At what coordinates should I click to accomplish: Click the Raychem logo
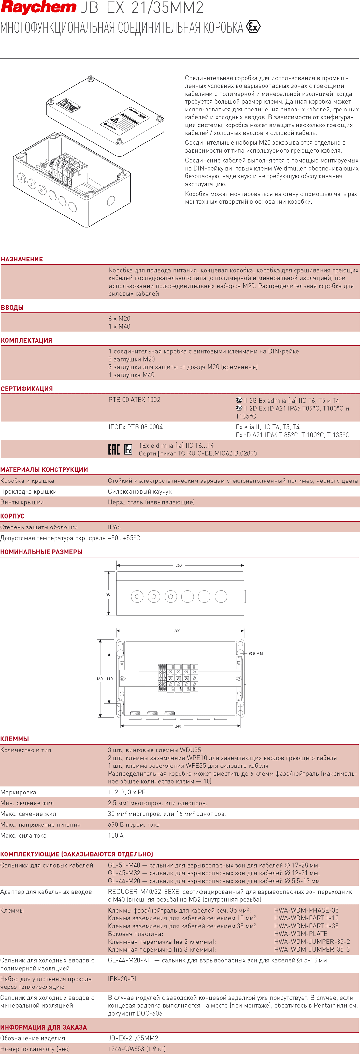pos(38,7)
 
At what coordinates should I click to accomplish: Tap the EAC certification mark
pos(114,449)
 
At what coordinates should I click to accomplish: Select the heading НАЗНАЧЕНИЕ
pos(22,259)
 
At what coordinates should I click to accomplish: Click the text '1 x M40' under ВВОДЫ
pos(120,326)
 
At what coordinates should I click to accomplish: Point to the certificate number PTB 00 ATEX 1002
pos(134,400)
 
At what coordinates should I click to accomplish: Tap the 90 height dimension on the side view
pos(108,594)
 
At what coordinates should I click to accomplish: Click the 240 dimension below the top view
pos(178,726)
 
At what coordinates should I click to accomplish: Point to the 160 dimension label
pos(99,679)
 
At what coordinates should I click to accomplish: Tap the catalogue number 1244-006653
pos(126,1049)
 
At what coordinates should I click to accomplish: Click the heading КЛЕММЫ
pos(15,739)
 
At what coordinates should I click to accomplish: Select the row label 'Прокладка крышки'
pos(28,491)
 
